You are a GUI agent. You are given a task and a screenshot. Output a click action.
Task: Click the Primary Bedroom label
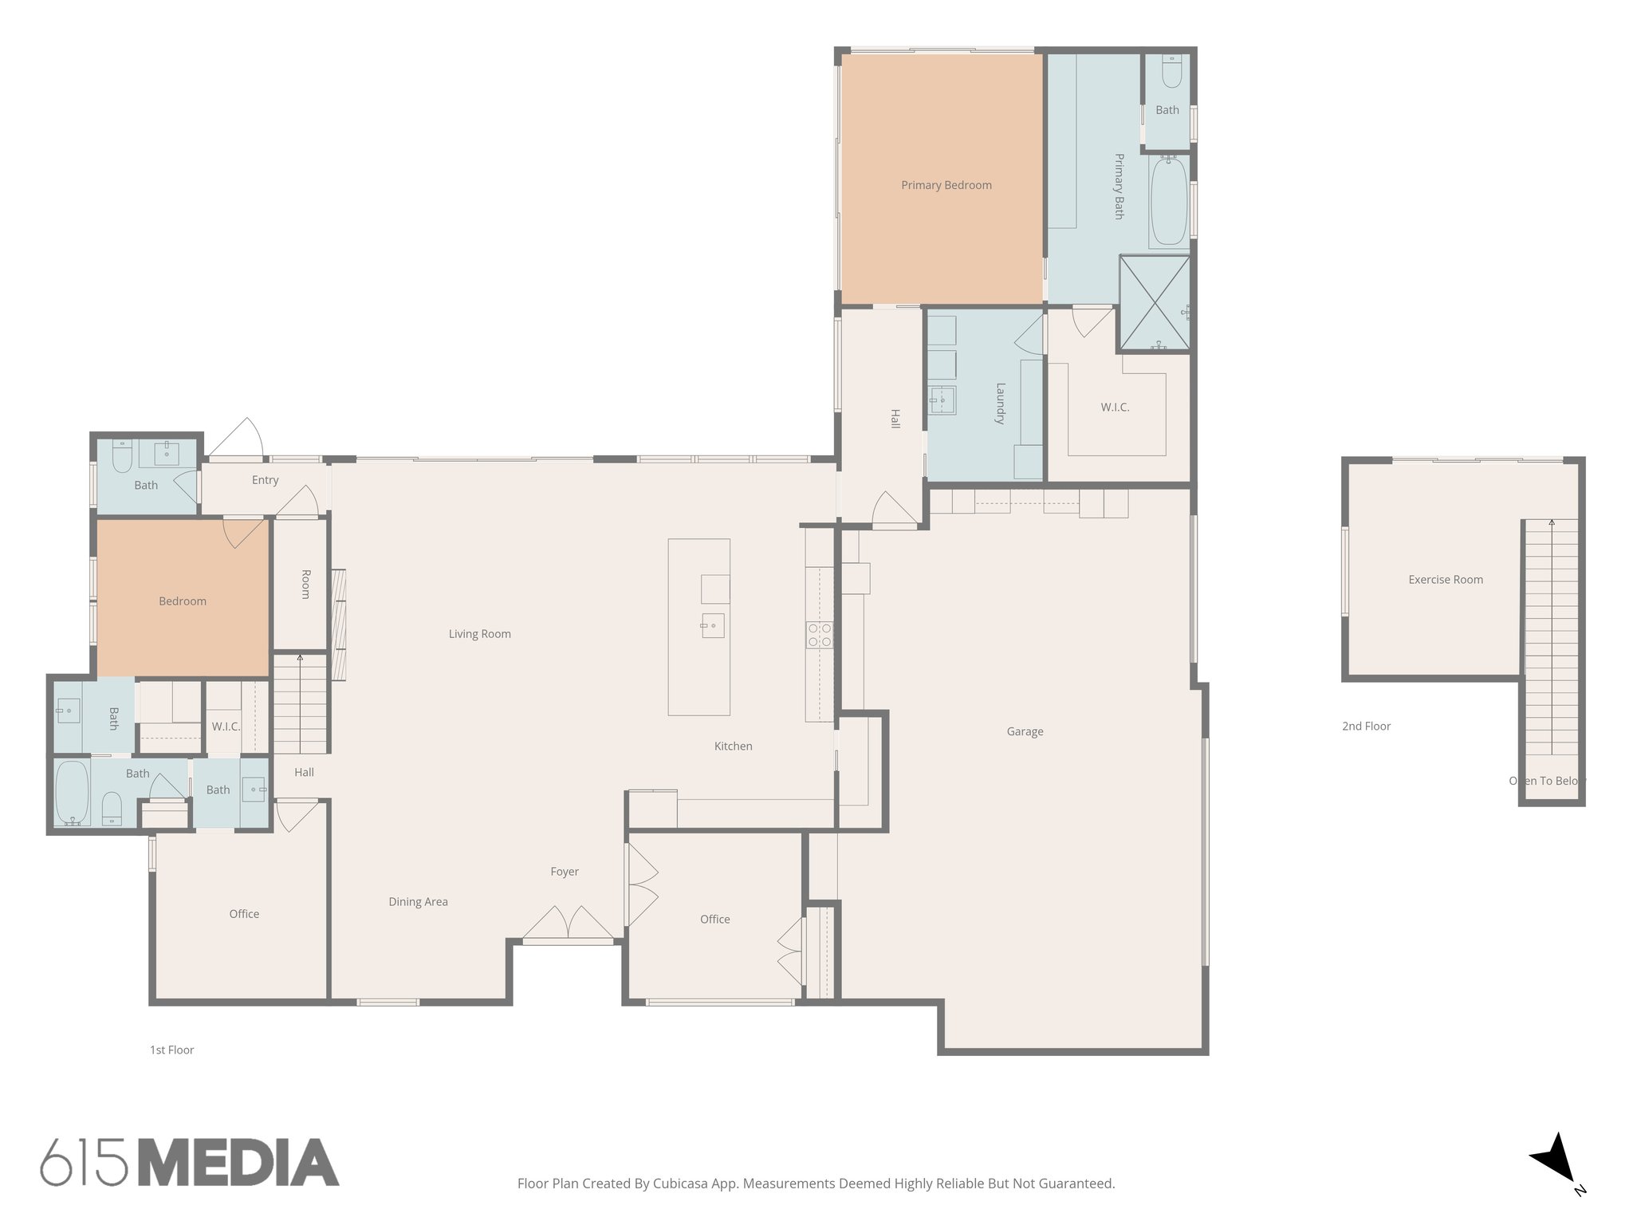[946, 185]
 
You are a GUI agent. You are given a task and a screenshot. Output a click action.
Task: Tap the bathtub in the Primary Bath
[1169, 201]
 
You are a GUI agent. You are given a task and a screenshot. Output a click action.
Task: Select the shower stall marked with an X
[1154, 302]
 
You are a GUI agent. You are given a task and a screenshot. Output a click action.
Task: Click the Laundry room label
[1000, 404]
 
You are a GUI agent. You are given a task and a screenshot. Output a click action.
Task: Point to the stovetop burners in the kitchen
[820, 635]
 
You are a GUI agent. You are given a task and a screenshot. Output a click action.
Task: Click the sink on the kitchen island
[712, 625]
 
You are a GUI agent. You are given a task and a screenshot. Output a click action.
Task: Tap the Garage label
[1025, 731]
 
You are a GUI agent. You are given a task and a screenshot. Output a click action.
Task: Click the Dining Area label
[418, 902]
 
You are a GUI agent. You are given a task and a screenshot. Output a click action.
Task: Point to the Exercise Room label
[1445, 580]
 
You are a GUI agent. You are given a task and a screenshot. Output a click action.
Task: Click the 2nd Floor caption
[1366, 727]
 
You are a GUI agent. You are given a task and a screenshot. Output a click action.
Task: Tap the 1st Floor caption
[172, 1050]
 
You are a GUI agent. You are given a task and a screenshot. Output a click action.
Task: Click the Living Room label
[479, 634]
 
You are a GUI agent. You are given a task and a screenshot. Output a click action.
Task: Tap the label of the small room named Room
[305, 584]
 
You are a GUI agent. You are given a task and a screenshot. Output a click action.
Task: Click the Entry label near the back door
[265, 480]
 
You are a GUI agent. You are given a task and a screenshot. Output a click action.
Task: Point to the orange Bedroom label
[183, 601]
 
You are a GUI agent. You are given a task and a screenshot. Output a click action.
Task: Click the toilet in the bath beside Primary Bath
[1171, 73]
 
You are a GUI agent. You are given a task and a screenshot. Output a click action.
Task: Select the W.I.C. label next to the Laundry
[1115, 408]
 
